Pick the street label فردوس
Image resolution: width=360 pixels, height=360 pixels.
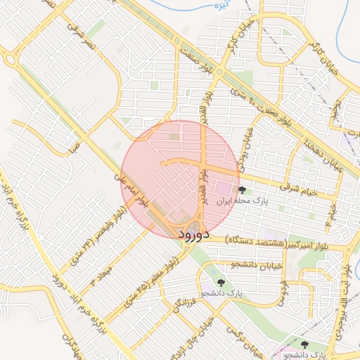(x=283, y=292)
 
